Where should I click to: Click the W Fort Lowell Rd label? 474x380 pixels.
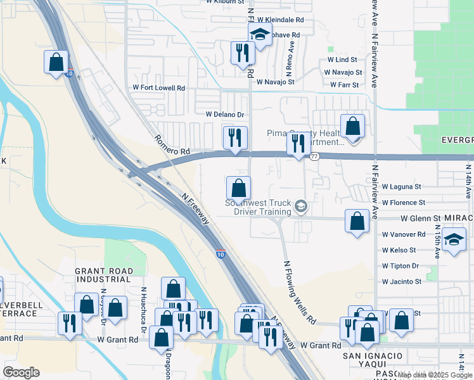[x=158, y=88]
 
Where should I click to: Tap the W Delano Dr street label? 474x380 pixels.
[x=225, y=115]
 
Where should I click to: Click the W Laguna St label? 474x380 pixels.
[x=402, y=187]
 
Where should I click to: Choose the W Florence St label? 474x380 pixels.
[x=404, y=203]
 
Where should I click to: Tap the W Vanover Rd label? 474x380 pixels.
[x=404, y=234]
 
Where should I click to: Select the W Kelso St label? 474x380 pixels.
[x=399, y=250]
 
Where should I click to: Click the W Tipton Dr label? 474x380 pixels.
[x=400, y=266]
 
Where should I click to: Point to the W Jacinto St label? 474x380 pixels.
[x=402, y=282]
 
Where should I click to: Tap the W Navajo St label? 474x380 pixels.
[x=274, y=82]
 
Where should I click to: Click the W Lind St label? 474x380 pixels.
[x=343, y=60]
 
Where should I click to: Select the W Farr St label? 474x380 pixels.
[x=345, y=85]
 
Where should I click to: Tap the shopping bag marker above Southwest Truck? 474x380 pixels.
[x=238, y=187]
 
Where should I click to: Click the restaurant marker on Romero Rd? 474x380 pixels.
[x=234, y=137]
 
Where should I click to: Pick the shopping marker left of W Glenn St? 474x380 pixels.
[x=357, y=221]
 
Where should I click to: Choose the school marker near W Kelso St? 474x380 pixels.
[x=454, y=239]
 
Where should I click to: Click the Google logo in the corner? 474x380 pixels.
[x=21, y=372]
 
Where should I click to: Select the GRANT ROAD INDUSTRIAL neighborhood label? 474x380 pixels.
[x=104, y=275]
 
